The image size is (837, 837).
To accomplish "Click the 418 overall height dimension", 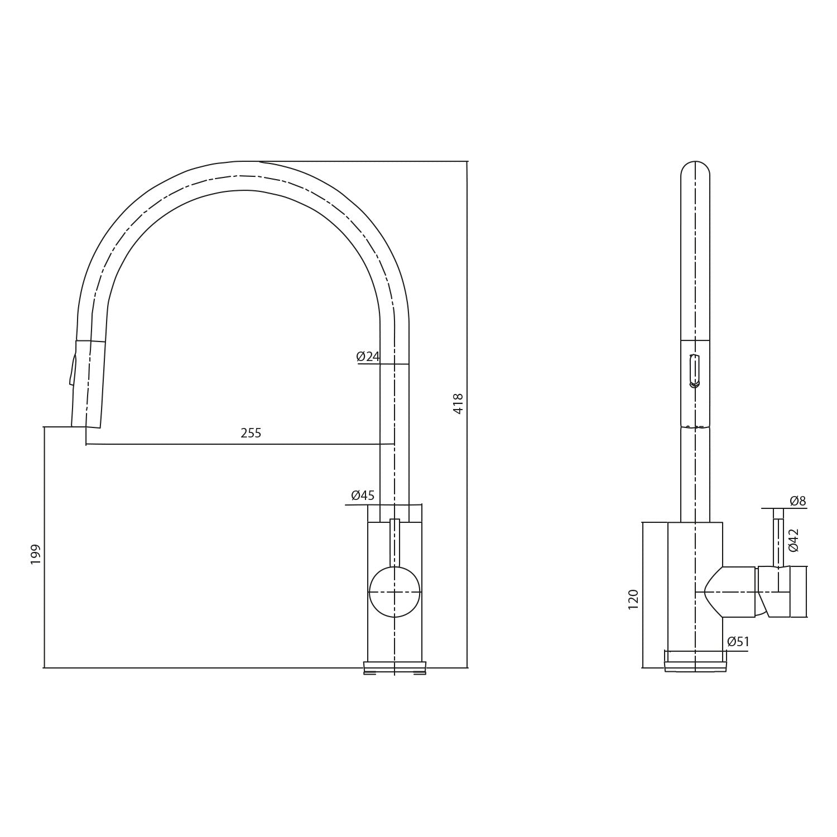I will (458, 403).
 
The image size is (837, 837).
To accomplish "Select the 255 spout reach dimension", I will (251, 433).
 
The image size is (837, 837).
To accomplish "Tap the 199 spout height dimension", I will (36, 554).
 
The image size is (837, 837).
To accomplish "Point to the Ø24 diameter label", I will (368, 357).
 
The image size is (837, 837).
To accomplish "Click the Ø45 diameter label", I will (363, 496).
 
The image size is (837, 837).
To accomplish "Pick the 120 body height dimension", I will (633, 599).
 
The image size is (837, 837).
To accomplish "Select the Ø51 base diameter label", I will (738, 642).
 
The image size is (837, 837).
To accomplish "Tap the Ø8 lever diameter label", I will (798, 501).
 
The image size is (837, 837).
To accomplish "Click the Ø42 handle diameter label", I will (793, 540).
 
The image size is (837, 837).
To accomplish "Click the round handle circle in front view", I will (395, 592).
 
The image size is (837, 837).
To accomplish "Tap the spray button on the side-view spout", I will (695, 371).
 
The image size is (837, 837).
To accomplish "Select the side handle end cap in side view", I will (798, 591).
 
